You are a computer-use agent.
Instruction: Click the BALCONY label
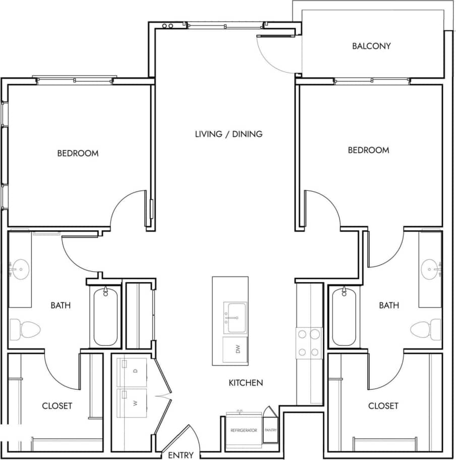[x=371, y=46]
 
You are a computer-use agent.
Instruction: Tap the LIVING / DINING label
[x=229, y=134]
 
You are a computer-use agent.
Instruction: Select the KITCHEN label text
[x=246, y=383]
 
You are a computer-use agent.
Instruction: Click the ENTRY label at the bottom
[x=181, y=455]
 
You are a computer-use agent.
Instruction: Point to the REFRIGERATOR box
[x=244, y=430]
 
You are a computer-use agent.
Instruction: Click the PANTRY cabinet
[x=270, y=430]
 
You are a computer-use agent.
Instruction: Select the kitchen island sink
[x=236, y=318]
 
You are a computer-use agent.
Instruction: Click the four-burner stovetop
[x=309, y=343]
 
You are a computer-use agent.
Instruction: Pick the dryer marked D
[x=132, y=372]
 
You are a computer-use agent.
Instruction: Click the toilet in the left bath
[x=24, y=330]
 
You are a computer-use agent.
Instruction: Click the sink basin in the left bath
[x=21, y=269]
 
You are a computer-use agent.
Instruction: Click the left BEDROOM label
[x=78, y=153]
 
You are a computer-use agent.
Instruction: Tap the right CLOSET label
[x=383, y=405]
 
